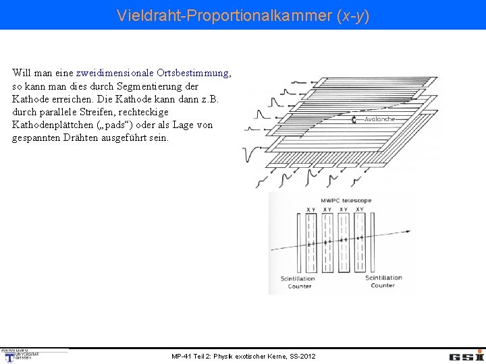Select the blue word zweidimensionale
(115, 73)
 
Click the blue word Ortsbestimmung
(192, 73)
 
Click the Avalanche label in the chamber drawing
(379, 120)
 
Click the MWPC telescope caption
(346, 200)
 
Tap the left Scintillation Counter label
(298, 282)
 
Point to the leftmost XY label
(310, 210)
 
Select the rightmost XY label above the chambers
(360, 210)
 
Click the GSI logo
(466, 356)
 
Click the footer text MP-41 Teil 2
(242, 356)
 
